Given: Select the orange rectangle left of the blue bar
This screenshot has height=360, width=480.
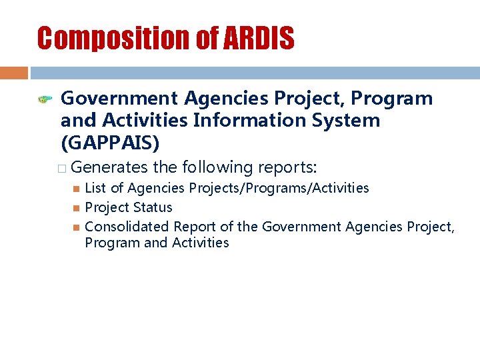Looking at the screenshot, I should click(13, 73).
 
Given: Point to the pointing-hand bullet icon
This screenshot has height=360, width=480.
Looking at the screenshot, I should click(45, 100).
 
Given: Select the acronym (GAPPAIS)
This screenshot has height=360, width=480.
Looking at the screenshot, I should click(110, 143).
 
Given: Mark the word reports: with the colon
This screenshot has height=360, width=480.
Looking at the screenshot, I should click(289, 167).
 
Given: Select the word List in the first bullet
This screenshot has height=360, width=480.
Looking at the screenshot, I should click(95, 188).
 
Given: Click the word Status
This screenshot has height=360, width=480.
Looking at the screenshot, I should click(151, 207).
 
